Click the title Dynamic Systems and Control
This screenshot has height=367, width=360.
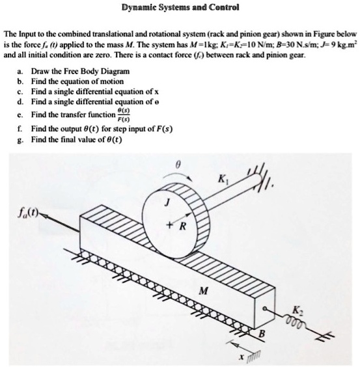pyautogui.click(x=180, y=8)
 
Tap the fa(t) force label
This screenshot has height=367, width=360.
pyautogui.click(x=28, y=213)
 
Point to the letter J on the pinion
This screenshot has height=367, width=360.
pyautogui.click(x=167, y=202)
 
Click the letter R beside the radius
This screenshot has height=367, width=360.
pyautogui.click(x=183, y=226)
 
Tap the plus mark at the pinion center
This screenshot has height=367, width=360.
pyautogui.click(x=169, y=225)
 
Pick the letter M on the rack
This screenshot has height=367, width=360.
pyautogui.click(x=203, y=291)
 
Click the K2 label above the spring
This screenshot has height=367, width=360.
pyautogui.click(x=297, y=311)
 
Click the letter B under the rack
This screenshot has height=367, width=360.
pyautogui.click(x=262, y=334)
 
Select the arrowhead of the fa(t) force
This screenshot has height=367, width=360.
pyautogui.click(x=44, y=216)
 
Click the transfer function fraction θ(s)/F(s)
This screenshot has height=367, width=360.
pyautogui.click(x=124, y=115)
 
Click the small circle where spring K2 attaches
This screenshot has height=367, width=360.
pyautogui.click(x=264, y=308)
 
